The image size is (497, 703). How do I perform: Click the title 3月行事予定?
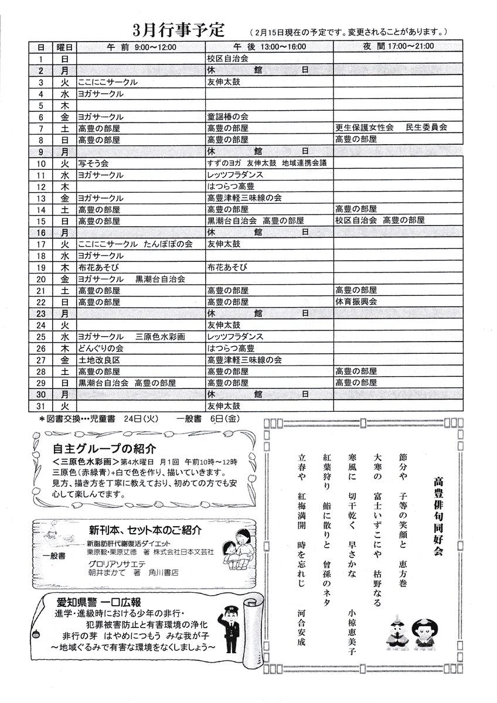pyautogui.click(x=182, y=30)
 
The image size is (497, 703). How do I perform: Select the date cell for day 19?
pyautogui.click(x=41, y=267)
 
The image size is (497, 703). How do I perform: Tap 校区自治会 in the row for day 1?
pyautogui.click(x=228, y=59)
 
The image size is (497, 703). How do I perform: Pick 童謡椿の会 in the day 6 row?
pyautogui.click(x=228, y=117)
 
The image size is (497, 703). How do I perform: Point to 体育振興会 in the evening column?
pyautogui.click(x=356, y=302)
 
